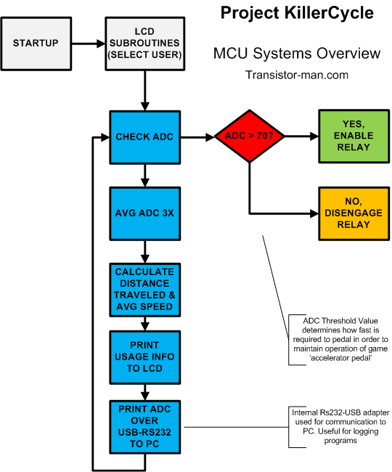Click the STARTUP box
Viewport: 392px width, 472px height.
[x=36, y=44]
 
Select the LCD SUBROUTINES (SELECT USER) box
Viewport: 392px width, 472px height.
[x=145, y=44]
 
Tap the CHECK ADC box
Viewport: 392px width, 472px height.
[x=145, y=137]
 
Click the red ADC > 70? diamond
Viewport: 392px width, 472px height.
[x=250, y=136]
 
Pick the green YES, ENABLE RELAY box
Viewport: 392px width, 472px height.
[x=354, y=137]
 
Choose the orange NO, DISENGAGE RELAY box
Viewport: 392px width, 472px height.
[x=354, y=213]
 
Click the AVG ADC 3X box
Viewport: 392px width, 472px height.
[x=145, y=213]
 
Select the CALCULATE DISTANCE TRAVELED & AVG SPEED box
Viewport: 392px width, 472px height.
[x=145, y=290]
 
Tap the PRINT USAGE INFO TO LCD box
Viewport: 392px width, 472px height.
[x=145, y=357]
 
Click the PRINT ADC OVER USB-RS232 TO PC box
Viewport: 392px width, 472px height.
[x=145, y=427]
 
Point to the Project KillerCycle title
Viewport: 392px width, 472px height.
[x=297, y=13]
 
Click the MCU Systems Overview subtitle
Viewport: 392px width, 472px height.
[x=297, y=53]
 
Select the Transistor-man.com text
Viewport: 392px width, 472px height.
[x=297, y=75]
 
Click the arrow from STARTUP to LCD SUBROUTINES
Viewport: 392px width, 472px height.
[x=89, y=44]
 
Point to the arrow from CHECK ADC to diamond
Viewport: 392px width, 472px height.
[x=197, y=137]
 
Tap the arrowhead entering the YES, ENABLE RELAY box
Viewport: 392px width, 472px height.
[x=314, y=137]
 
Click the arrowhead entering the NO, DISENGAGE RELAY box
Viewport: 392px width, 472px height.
[x=314, y=213]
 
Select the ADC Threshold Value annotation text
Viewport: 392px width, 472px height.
[x=340, y=339]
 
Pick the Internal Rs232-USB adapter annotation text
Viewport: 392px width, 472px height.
[x=340, y=426]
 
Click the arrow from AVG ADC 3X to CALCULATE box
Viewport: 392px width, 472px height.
[x=145, y=252]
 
